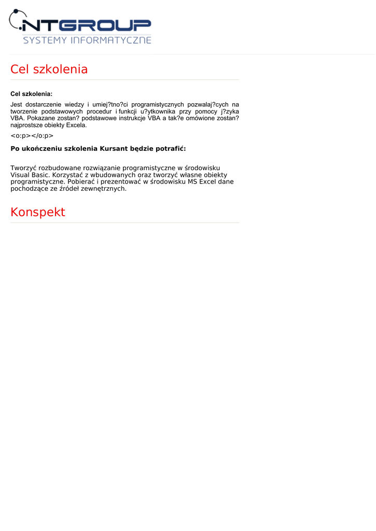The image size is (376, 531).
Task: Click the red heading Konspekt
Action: tap(38, 212)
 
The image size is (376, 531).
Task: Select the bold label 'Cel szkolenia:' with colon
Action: tap(32, 94)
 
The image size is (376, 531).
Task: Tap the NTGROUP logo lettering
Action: tap(88, 25)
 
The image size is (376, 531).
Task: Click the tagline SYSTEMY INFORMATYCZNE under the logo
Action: tap(87, 40)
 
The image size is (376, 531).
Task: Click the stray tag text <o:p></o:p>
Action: tap(32, 136)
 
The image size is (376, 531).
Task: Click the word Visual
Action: tap(21, 175)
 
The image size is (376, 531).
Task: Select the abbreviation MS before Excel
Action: tap(192, 182)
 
